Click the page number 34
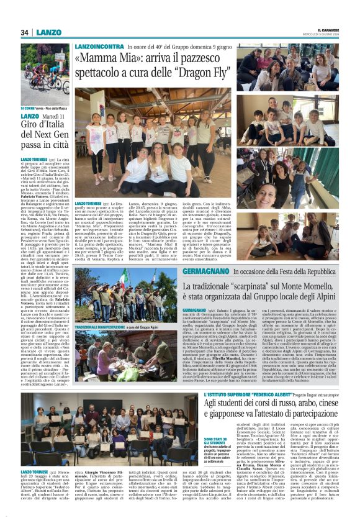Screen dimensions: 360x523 point(24,33)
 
